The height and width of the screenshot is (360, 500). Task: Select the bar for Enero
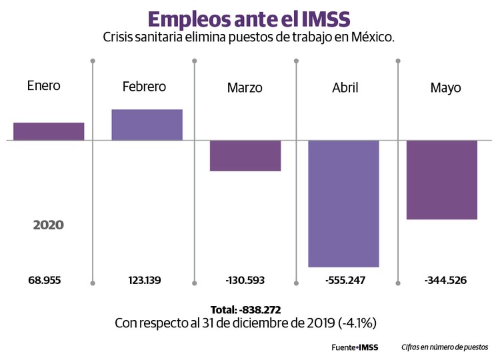click(x=49, y=131)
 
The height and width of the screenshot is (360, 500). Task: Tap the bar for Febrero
click(x=147, y=125)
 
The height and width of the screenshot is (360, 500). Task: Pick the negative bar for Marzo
click(x=245, y=155)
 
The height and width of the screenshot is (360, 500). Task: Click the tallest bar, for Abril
click(x=343, y=203)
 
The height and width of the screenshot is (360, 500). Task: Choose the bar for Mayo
click(x=442, y=179)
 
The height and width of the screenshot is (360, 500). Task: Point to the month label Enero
click(x=43, y=86)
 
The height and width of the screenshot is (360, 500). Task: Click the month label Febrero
click(x=144, y=87)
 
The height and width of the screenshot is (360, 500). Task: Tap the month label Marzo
click(x=245, y=88)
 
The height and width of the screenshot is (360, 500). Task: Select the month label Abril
click(x=345, y=88)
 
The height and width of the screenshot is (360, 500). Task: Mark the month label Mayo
click(x=445, y=88)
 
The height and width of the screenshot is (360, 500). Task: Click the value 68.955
click(x=45, y=280)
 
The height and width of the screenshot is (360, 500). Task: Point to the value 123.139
click(x=145, y=280)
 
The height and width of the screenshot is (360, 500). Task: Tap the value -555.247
click(x=345, y=280)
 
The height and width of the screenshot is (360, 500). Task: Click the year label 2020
click(x=49, y=225)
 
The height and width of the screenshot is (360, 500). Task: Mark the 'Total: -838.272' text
click(x=245, y=310)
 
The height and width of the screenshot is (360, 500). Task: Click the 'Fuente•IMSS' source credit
click(x=355, y=347)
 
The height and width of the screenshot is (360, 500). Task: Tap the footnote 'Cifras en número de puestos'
click(x=445, y=347)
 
